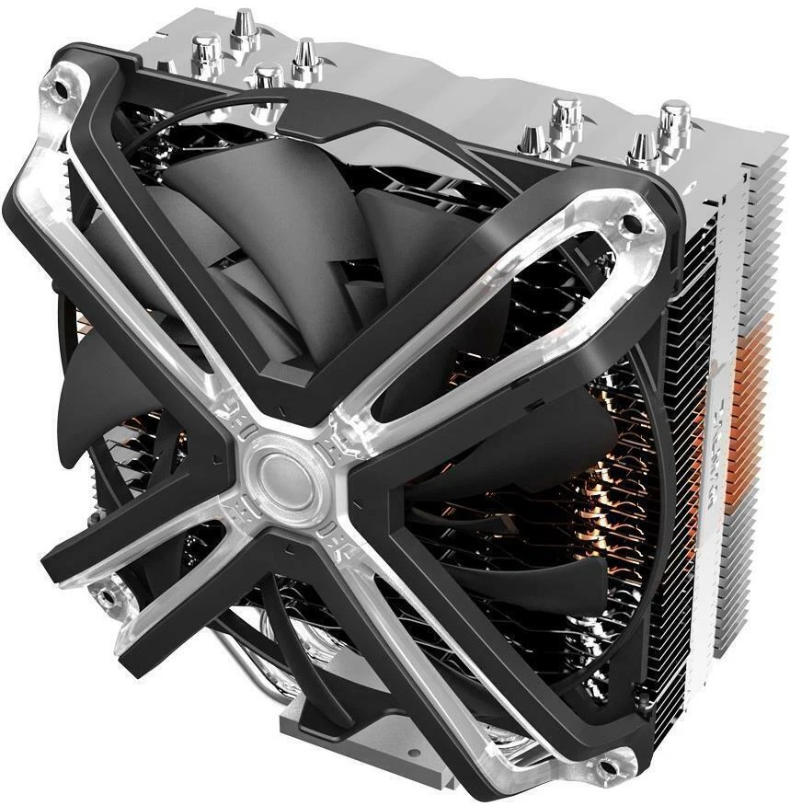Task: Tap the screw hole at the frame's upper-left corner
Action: point(61,90)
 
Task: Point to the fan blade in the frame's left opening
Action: point(101,405)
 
